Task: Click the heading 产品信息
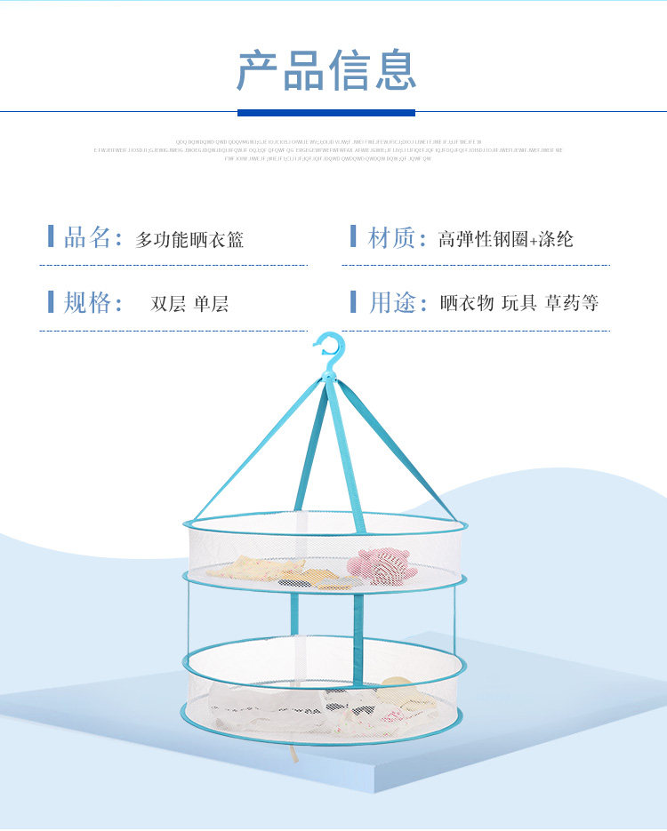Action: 326,71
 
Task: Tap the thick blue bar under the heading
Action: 326,113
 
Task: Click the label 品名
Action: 87,237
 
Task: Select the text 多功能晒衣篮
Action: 189,239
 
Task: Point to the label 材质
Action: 391,237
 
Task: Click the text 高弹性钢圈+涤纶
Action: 505,239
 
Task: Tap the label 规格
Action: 87,302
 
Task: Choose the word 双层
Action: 168,304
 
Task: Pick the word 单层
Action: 211,304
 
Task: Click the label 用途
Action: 391,302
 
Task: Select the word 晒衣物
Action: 467,304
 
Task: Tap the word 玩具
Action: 518,304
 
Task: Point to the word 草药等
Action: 572,304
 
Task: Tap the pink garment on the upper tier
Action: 381,565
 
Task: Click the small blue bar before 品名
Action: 51,236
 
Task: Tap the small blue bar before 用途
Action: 353,302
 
